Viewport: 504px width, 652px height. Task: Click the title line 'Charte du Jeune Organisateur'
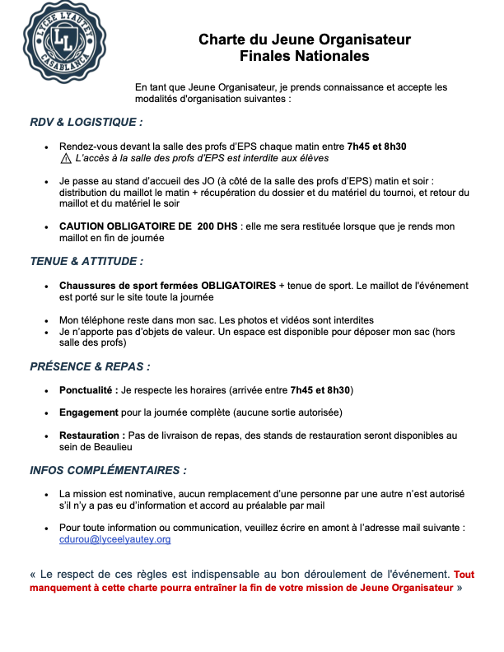pos(304,40)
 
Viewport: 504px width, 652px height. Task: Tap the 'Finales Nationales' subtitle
pos(304,56)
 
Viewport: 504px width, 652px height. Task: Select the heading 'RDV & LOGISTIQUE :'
pos(86,122)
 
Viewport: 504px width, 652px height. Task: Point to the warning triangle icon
pos(66,158)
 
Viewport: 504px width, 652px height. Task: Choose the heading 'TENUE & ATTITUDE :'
pos(86,261)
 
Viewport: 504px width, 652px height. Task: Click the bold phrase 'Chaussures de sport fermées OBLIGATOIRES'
pos(167,286)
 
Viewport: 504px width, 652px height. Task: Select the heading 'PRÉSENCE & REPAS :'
pos(90,366)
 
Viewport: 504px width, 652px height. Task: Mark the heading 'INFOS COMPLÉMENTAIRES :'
pos(108,471)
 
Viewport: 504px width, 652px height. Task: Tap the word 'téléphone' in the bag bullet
pos(102,319)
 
